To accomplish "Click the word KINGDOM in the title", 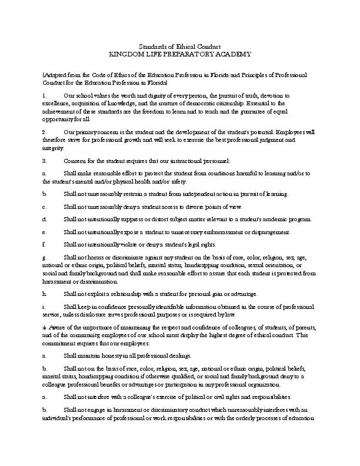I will (126, 54).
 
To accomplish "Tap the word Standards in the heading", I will (152, 46).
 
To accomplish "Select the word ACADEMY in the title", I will (232, 54).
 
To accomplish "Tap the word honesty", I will (115, 356).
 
